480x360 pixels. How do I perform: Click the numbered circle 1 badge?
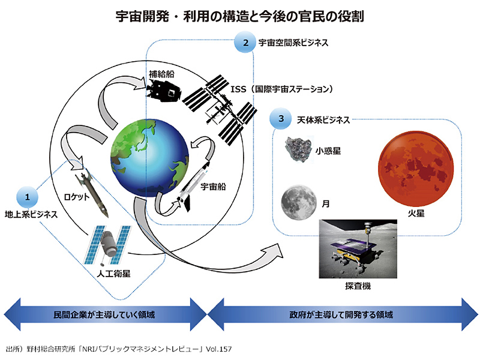26,196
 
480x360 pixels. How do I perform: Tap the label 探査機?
358,286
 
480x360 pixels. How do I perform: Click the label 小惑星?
328,151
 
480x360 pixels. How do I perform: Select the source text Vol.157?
217,349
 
